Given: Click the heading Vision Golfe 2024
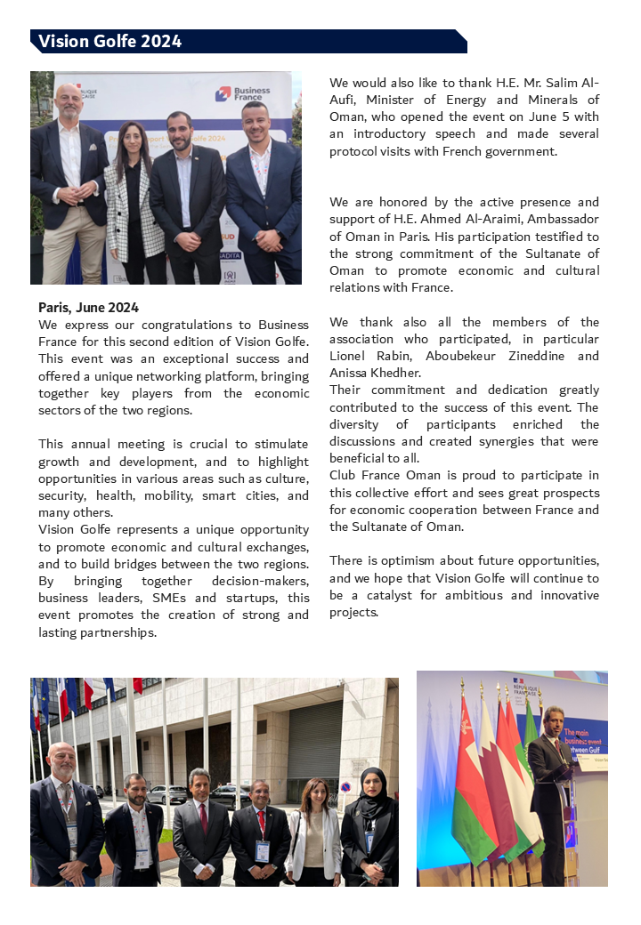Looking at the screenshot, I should (x=110, y=42).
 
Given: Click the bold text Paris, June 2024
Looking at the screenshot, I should (x=88, y=308).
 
